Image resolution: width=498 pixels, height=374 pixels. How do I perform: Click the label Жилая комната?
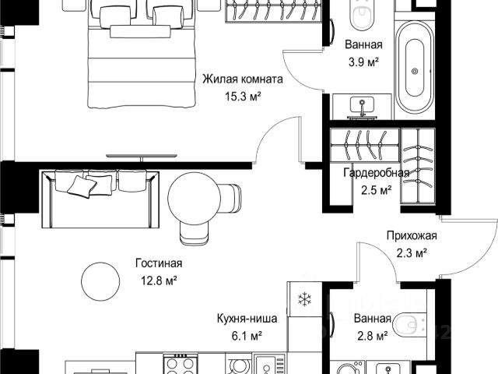[x=243, y=79]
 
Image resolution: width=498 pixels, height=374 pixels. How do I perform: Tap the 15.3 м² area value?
[x=243, y=96]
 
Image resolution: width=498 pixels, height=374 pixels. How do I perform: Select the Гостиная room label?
[x=159, y=263]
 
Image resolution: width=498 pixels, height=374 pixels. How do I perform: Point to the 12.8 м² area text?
[x=159, y=280]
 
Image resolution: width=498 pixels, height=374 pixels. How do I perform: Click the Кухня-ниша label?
[x=247, y=319]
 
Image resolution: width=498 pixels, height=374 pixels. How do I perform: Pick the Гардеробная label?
[x=377, y=173]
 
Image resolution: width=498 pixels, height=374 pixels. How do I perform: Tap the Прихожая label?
[x=412, y=235]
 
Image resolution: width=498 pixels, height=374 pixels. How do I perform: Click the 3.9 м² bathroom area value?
[x=363, y=62]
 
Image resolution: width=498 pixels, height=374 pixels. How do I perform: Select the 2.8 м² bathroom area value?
[x=373, y=336]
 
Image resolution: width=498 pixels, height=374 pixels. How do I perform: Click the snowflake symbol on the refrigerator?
[x=304, y=299]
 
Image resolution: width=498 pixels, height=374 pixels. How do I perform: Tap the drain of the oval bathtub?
[x=415, y=71]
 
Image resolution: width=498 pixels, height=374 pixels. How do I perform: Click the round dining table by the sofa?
[x=194, y=199]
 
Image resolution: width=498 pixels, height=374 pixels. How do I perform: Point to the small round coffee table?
[x=100, y=281]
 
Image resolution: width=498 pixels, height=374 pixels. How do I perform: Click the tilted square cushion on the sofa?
[x=82, y=187]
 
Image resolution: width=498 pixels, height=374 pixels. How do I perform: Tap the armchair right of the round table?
[x=230, y=199]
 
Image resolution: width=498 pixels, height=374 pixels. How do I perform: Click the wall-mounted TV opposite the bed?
[x=142, y=157]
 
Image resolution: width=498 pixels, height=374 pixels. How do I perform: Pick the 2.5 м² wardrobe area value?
[x=377, y=190]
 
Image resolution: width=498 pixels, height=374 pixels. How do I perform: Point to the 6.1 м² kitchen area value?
[x=247, y=336]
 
